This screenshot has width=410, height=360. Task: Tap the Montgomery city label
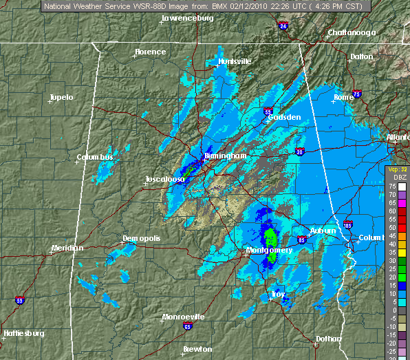click(270, 251)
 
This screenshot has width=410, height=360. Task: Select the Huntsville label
click(235, 61)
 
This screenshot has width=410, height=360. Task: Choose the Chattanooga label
click(352, 32)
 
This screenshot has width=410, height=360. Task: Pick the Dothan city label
click(327, 339)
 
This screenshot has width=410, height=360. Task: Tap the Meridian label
click(67, 248)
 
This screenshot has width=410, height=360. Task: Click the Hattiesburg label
click(23, 333)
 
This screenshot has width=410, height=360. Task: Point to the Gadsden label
click(285, 118)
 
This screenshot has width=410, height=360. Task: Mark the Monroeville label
click(183, 317)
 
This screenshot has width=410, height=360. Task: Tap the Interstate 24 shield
click(283, 26)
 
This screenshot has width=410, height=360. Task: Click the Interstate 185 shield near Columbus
click(349, 224)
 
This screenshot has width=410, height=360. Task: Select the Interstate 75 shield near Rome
click(356, 94)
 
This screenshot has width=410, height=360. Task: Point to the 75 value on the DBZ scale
click(391, 186)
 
